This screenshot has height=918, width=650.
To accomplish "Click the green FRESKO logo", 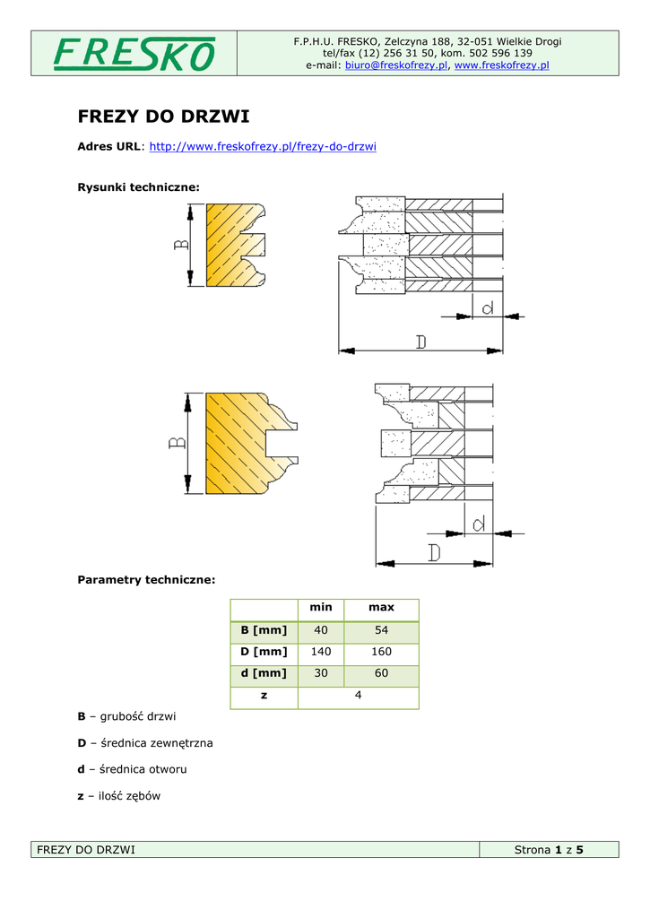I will pyautogui.click(x=134, y=54).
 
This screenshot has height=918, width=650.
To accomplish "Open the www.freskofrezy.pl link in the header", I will pyautogui.click(x=502, y=65).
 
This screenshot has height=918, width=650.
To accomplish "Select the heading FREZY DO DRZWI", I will pyautogui.click(x=164, y=117).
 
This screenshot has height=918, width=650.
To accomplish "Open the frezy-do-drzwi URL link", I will pyautogui.click(x=262, y=146).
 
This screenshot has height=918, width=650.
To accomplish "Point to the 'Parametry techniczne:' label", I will pyautogui.click(x=147, y=580).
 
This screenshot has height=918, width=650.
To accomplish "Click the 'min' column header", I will pyautogui.click(x=321, y=608).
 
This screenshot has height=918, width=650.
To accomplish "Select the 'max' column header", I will pyautogui.click(x=382, y=608).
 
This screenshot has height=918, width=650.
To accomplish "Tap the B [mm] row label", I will pyautogui.click(x=264, y=630).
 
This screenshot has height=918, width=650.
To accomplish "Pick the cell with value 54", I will pyautogui.click(x=382, y=630).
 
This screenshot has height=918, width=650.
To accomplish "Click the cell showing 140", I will pyautogui.click(x=321, y=652).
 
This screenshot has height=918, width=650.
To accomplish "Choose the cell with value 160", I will pyautogui.click(x=382, y=652).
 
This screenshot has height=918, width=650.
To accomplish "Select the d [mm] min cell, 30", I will pyautogui.click(x=321, y=673).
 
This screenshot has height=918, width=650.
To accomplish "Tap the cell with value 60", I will pyautogui.click(x=382, y=673).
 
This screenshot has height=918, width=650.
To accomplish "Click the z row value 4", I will pyautogui.click(x=358, y=696).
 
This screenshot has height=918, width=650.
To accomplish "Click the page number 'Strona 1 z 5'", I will pyautogui.click(x=549, y=850).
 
